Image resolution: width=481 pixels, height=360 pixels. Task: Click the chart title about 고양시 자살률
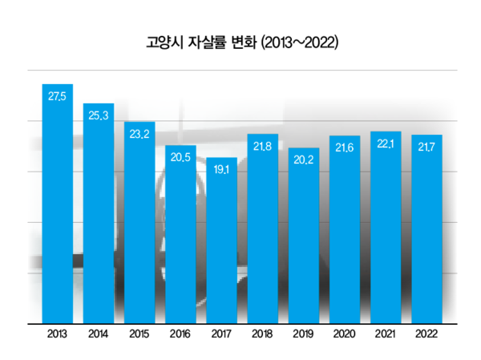(x=241, y=42)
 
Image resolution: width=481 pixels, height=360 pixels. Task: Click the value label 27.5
(x=58, y=97)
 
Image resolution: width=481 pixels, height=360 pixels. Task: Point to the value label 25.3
(x=99, y=115)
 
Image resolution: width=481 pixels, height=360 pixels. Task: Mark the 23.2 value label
(x=139, y=134)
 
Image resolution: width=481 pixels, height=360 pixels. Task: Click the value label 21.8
(x=263, y=146)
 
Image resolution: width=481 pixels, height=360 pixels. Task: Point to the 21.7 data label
(x=427, y=147)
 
